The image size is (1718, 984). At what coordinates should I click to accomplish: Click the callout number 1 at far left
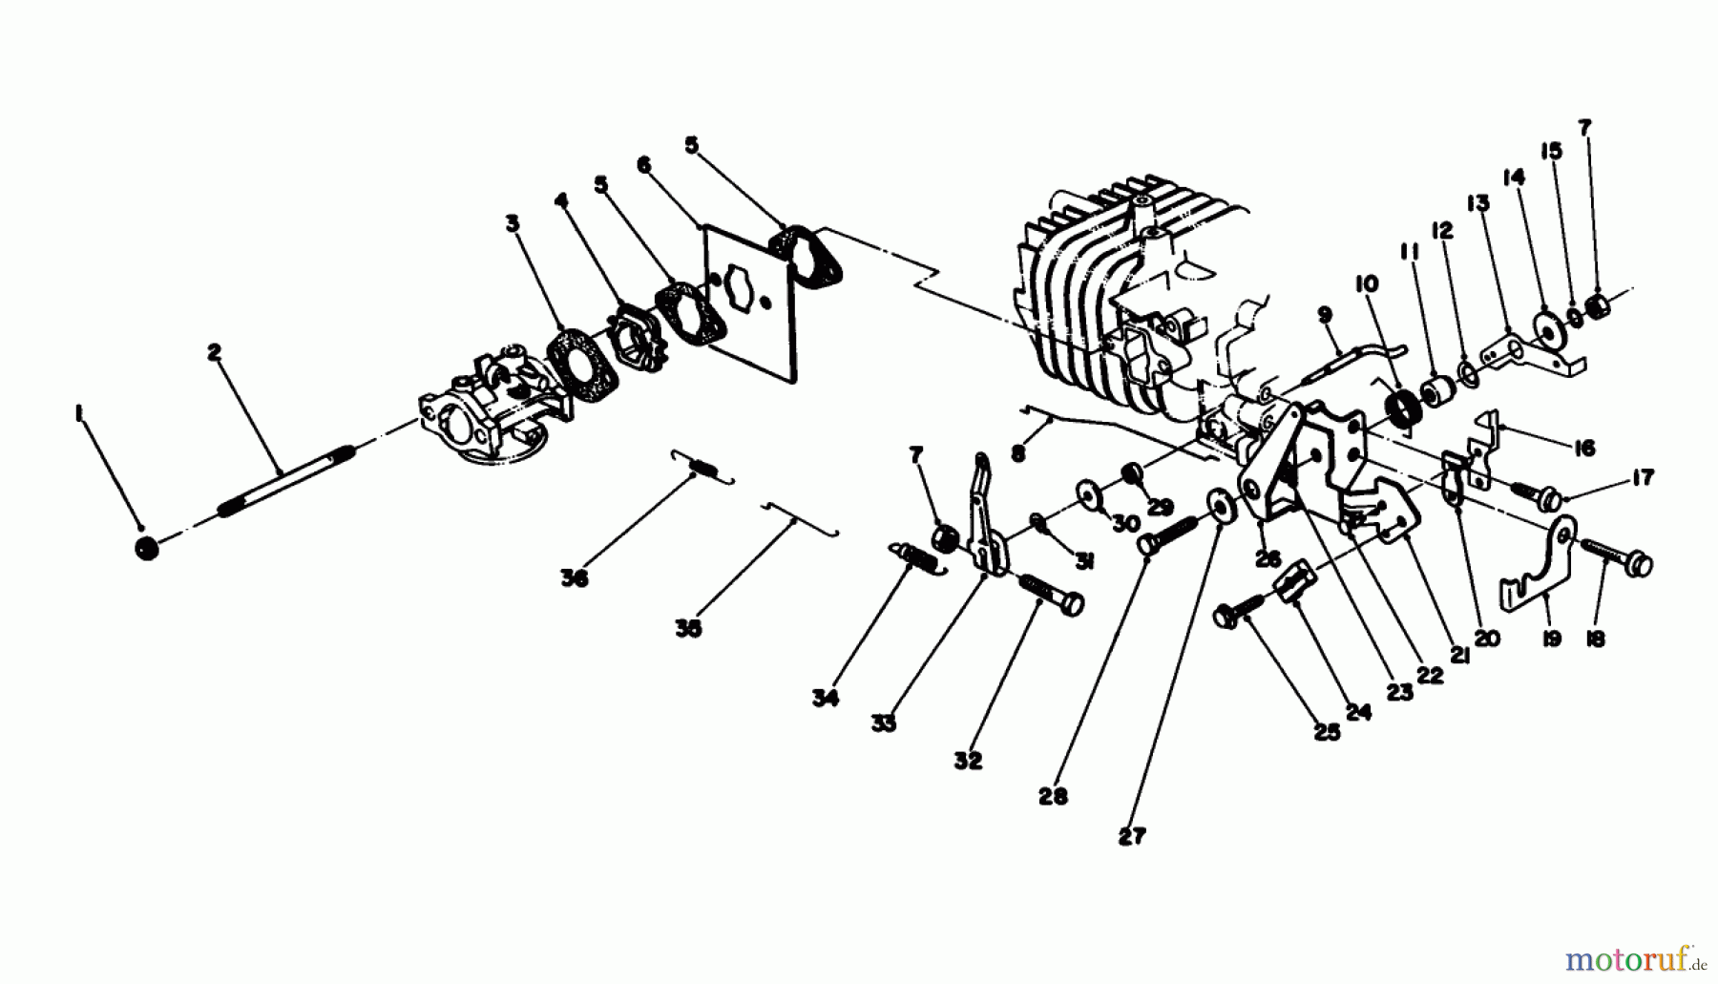pyautogui.click(x=79, y=412)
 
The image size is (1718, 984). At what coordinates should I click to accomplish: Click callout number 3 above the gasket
pyautogui.click(x=513, y=223)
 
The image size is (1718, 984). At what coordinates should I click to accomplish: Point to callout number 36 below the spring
pyautogui.click(x=574, y=578)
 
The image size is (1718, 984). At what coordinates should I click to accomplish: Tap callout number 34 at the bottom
pyautogui.click(x=825, y=699)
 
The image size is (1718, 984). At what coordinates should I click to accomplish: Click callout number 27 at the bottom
pyautogui.click(x=1131, y=837)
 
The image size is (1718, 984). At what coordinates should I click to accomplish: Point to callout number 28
pyautogui.click(x=1053, y=796)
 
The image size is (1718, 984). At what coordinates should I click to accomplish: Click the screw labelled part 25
pyautogui.click(x=1231, y=616)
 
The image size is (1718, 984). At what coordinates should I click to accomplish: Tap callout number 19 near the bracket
pyautogui.click(x=1552, y=639)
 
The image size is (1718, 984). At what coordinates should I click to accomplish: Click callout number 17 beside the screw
pyautogui.click(x=1642, y=478)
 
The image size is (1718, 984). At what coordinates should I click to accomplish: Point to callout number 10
pyautogui.click(x=1366, y=284)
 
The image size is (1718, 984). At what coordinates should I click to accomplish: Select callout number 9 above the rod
pyautogui.click(x=1324, y=314)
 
